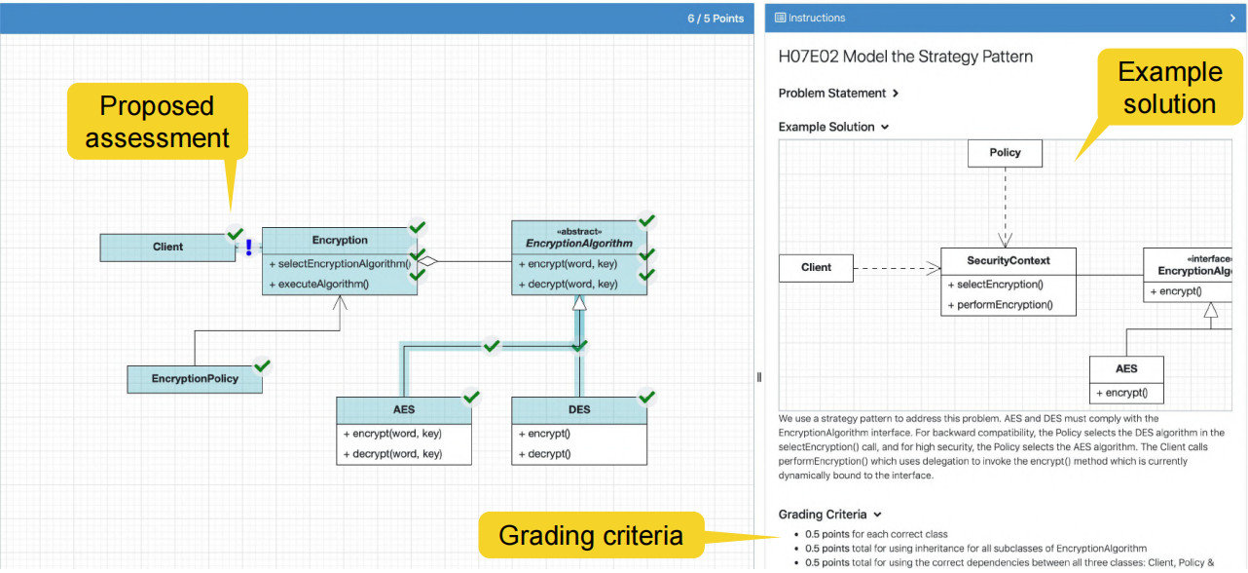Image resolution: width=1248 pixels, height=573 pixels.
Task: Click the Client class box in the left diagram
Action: (167, 248)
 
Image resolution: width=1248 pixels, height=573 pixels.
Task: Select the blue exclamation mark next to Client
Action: (249, 248)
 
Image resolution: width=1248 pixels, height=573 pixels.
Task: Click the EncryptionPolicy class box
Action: (195, 379)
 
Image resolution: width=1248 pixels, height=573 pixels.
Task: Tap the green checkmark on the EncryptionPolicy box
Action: (262, 366)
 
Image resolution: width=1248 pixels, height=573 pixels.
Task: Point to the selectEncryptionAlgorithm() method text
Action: (341, 264)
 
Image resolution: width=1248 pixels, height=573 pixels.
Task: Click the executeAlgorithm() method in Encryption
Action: (323, 285)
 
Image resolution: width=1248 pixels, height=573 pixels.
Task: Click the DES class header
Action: (579, 410)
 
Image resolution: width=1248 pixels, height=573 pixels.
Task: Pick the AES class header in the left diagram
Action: (404, 410)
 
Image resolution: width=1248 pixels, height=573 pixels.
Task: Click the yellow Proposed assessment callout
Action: (157, 122)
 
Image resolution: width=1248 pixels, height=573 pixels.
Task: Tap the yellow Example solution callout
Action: (1169, 89)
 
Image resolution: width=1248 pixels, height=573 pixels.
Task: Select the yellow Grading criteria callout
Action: (591, 536)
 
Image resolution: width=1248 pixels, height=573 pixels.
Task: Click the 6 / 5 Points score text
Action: (716, 19)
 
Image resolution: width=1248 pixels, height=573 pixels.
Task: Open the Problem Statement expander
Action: (838, 94)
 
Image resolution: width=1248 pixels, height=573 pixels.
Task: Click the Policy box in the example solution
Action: (1005, 153)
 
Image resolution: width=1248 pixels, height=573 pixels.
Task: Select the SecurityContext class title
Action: (1009, 261)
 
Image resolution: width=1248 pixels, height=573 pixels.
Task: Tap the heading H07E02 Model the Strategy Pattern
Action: (905, 57)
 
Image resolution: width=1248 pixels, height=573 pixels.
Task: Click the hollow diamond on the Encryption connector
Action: (429, 261)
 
